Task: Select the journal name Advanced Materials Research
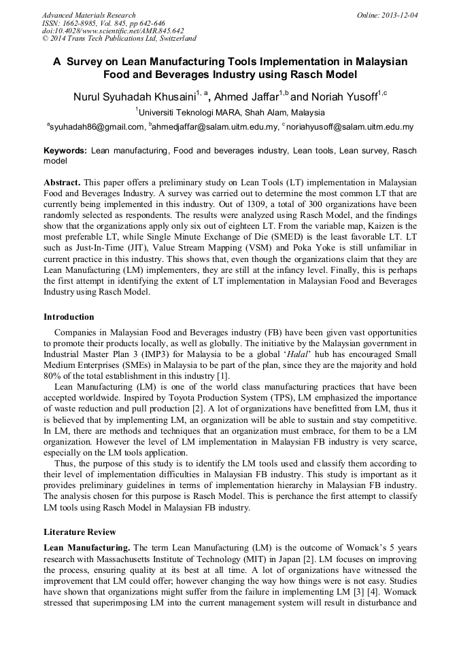pos(88,15)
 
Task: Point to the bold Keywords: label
pos(65,151)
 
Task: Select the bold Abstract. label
pos(62,183)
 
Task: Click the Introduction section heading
pos(69,317)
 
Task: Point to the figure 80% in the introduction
pos(52,377)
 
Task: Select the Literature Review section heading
pos(80,532)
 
